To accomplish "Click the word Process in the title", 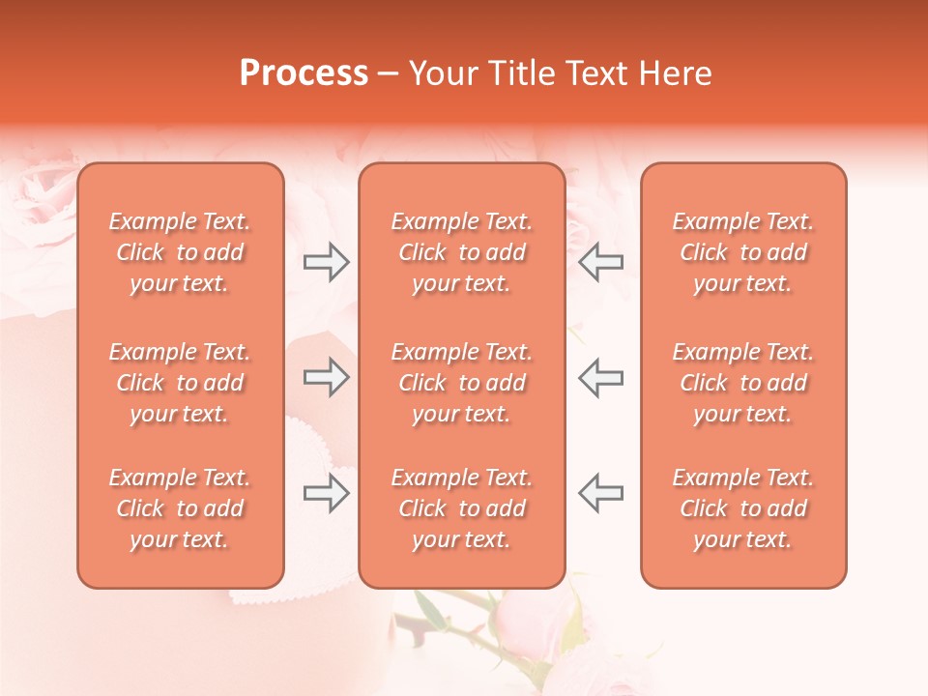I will pos(304,73).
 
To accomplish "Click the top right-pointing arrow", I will pos(326,262).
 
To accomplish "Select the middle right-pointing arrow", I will pos(326,377).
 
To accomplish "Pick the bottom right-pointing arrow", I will pos(326,493).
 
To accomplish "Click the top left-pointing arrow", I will pos(601,262).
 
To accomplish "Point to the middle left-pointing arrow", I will pos(601,377).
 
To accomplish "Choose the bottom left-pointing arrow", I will pos(601,493).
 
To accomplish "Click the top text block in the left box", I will pos(180,252).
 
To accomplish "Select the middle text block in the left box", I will pos(180,383).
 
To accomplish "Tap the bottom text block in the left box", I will pos(180,508).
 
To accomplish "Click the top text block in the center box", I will pos(461,252).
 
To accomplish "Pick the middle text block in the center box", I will pos(461,383).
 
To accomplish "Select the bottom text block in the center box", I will pos(461,508).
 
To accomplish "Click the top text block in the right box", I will pos(743,252).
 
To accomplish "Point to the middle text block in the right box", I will pos(743,383).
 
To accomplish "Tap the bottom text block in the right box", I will pos(743,508).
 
